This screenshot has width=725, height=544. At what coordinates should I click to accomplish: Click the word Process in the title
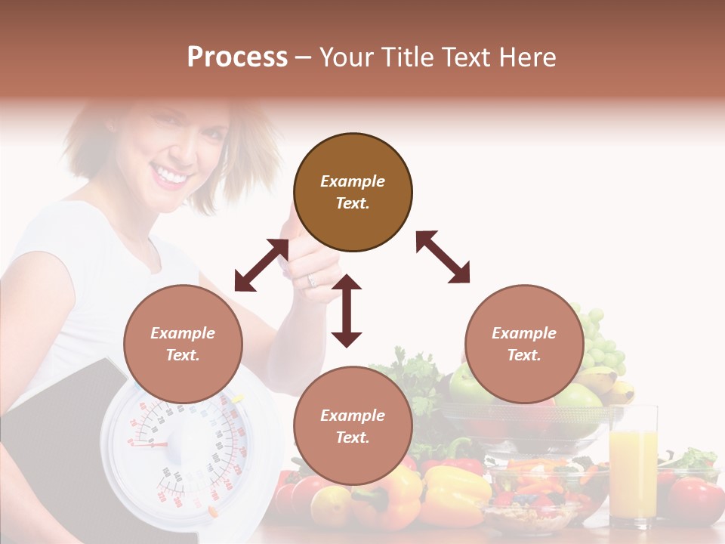pos(237,57)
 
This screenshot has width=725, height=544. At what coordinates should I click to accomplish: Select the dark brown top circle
pos(353,193)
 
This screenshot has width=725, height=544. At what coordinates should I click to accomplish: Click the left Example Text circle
pos(183,344)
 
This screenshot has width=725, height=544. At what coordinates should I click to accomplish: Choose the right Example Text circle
pos(524,344)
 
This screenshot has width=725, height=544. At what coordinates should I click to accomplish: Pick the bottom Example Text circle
pos(353,426)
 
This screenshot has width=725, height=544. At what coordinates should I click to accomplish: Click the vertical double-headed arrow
pos(347,311)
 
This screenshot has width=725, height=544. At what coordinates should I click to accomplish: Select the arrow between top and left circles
pos(261,265)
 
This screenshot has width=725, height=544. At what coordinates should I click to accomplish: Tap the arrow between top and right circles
pos(443,257)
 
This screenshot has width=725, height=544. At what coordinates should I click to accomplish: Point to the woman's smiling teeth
pos(171,177)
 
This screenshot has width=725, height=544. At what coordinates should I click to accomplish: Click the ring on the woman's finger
pos(312,280)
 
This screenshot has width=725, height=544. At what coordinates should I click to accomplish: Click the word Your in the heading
pos(347,57)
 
